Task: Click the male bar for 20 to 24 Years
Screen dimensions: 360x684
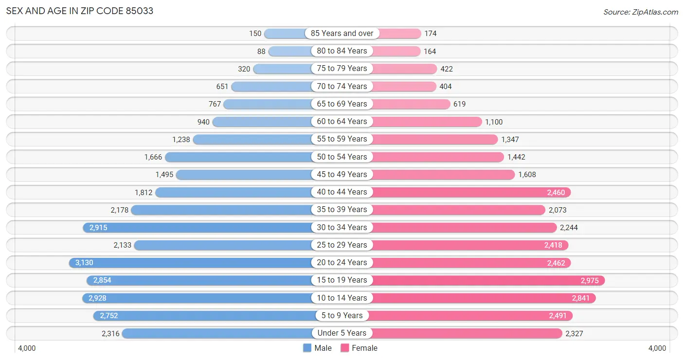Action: (195, 263)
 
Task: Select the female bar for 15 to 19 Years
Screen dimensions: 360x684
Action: (486, 280)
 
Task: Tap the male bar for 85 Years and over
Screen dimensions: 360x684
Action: (287, 34)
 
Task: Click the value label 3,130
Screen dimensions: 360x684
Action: (84, 263)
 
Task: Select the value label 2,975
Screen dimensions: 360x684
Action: (590, 280)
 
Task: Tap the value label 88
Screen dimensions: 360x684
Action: (261, 51)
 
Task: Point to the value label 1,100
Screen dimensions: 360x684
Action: (494, 122)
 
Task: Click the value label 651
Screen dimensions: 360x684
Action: (222, 87)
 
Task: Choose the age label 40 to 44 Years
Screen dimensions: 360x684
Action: (342, 192)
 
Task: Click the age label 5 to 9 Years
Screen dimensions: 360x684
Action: (342, 315)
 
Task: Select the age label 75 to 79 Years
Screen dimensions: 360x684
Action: (342, 69)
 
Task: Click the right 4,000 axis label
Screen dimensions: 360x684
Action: (657, 348)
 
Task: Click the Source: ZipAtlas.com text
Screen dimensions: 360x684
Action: (640, 12)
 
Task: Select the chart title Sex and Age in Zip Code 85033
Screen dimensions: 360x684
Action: (80, 11)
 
